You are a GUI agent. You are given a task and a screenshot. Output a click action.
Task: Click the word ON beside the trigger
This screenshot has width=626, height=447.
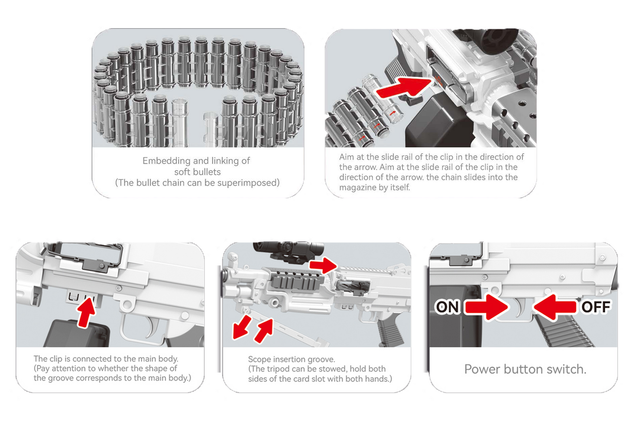pos(448,307)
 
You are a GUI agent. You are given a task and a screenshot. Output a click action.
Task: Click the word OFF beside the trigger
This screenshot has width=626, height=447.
pos(596,307)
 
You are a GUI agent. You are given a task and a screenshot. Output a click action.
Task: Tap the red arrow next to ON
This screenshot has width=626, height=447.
pos(486,307)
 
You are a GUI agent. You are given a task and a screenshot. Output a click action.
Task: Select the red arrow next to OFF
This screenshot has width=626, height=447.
pos(555,307)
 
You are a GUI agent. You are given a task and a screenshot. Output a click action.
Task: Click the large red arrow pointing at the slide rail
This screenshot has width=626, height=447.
pos(404,87)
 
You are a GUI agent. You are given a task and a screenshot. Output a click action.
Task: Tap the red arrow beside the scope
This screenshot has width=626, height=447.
pos(324,265)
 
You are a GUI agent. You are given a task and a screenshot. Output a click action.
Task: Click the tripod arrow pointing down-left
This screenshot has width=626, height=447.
pos(242,327)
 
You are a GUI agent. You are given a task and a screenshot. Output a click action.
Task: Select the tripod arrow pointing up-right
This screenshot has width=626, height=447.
pos(263,331)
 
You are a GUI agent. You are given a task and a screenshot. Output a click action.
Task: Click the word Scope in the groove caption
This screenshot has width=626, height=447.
pos(259,359)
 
